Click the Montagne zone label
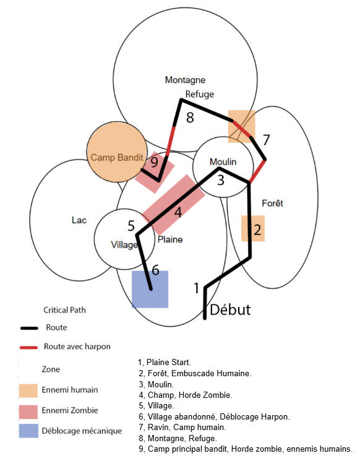(185, 80)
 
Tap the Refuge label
(200, 94)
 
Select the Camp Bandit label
(117, 157)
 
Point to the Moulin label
(223, 162)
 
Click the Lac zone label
(79, 220)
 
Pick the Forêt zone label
(272, 203)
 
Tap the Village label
(124, 245)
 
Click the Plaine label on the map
(170, 239)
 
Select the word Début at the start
(230, 309)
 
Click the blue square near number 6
(150, 290)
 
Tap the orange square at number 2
(253, 228)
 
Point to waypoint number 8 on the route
(190, 118)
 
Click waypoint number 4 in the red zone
(178, 212)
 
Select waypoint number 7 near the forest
(266, 140)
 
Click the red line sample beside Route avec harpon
(28, 348)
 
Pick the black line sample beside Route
(29, 328)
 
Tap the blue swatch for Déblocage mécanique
(28, 431)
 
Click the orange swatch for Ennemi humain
(28, 390)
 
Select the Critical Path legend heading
(65, 310)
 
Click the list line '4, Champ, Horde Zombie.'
(186, 395)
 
